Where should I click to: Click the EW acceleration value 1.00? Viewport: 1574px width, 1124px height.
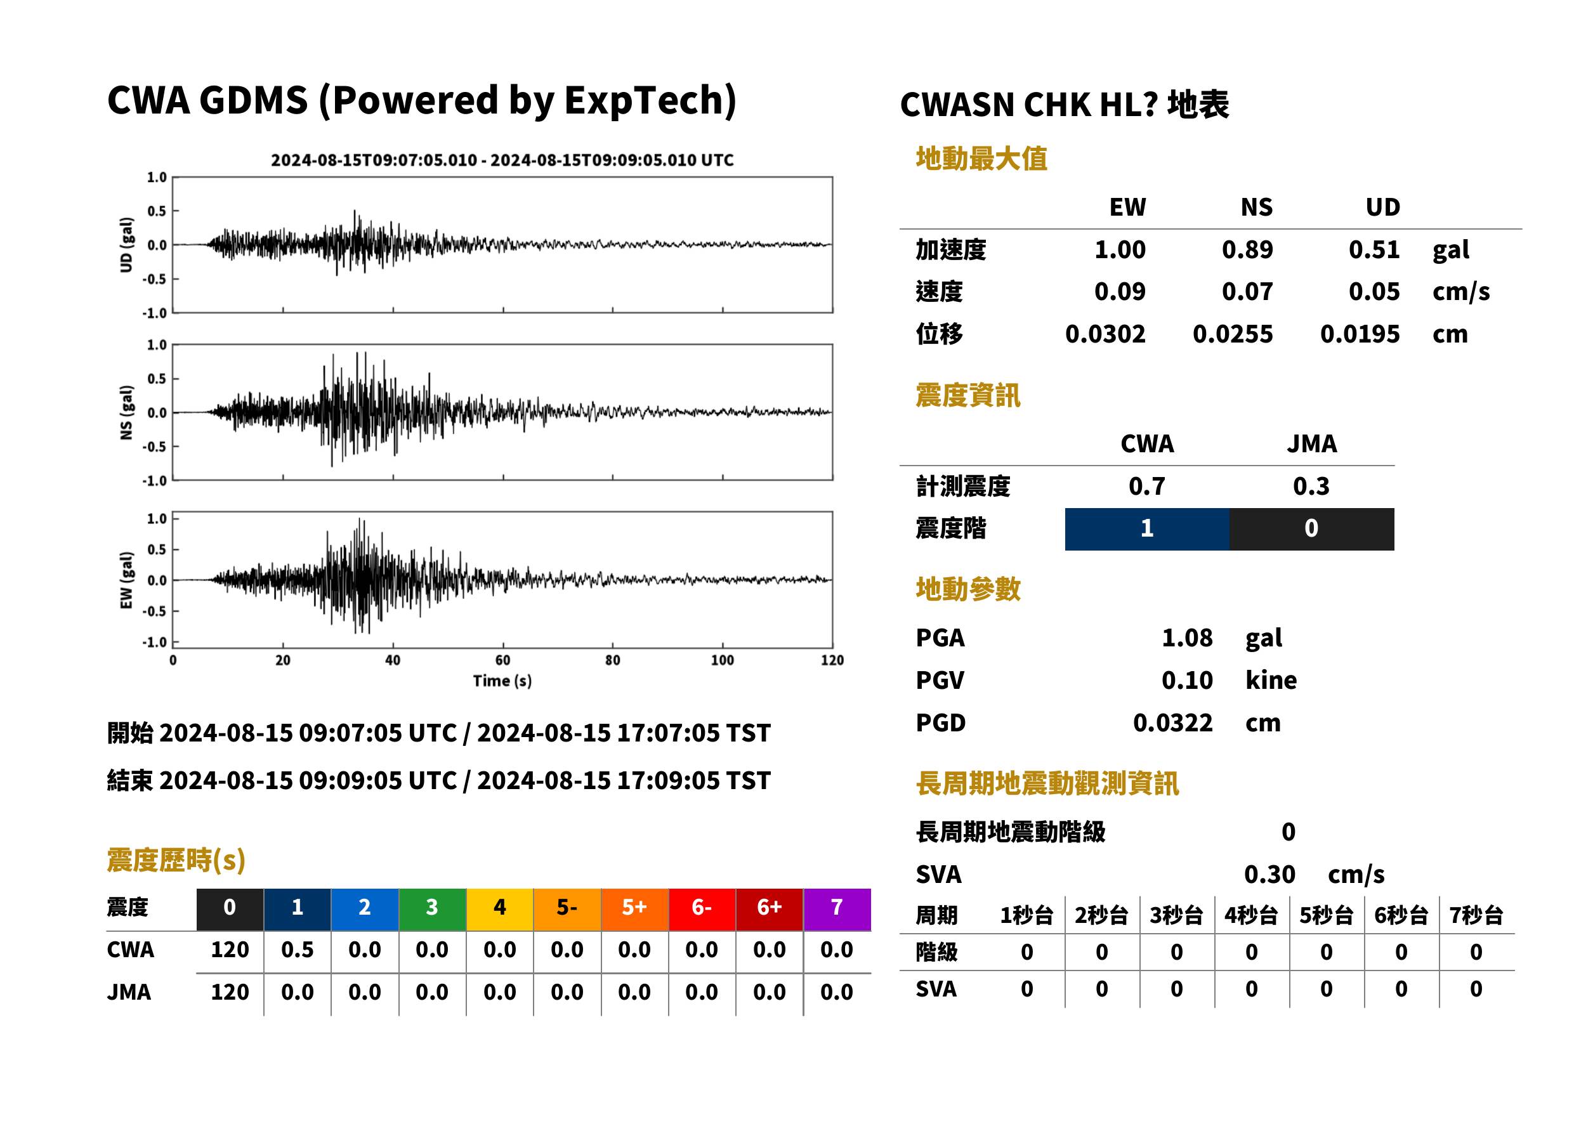point(1119,249)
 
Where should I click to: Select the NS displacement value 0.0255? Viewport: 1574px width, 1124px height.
point(1232,334)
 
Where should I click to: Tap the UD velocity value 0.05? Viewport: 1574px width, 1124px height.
point(1374,291)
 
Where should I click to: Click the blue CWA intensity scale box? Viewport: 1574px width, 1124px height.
point(1146,529)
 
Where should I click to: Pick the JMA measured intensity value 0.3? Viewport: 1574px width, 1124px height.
point(1311,486)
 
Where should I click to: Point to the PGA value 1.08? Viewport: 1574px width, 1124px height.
point(1186,637)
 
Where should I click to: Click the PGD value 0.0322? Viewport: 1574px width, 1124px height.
point(1172,722)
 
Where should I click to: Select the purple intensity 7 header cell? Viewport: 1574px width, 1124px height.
point(836,907)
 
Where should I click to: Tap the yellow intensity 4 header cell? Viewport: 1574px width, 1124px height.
point(499,907)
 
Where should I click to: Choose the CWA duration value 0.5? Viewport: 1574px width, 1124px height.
point(297,950)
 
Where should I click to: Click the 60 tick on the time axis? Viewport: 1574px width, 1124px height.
point(502,660)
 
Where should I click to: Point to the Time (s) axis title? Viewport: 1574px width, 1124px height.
point(502,681)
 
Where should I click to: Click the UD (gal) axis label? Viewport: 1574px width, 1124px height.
point(126,245)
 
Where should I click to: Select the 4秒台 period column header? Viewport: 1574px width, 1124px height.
point(1250,915)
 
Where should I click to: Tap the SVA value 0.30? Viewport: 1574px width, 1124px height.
point(1269,874)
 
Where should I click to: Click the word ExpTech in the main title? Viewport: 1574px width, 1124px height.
point(643,100)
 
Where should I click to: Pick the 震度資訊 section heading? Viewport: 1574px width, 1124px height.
point(967,395)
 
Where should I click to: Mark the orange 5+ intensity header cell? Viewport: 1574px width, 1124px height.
point(634,907)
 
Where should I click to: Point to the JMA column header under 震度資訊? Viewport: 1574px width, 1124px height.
point(1312,443)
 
